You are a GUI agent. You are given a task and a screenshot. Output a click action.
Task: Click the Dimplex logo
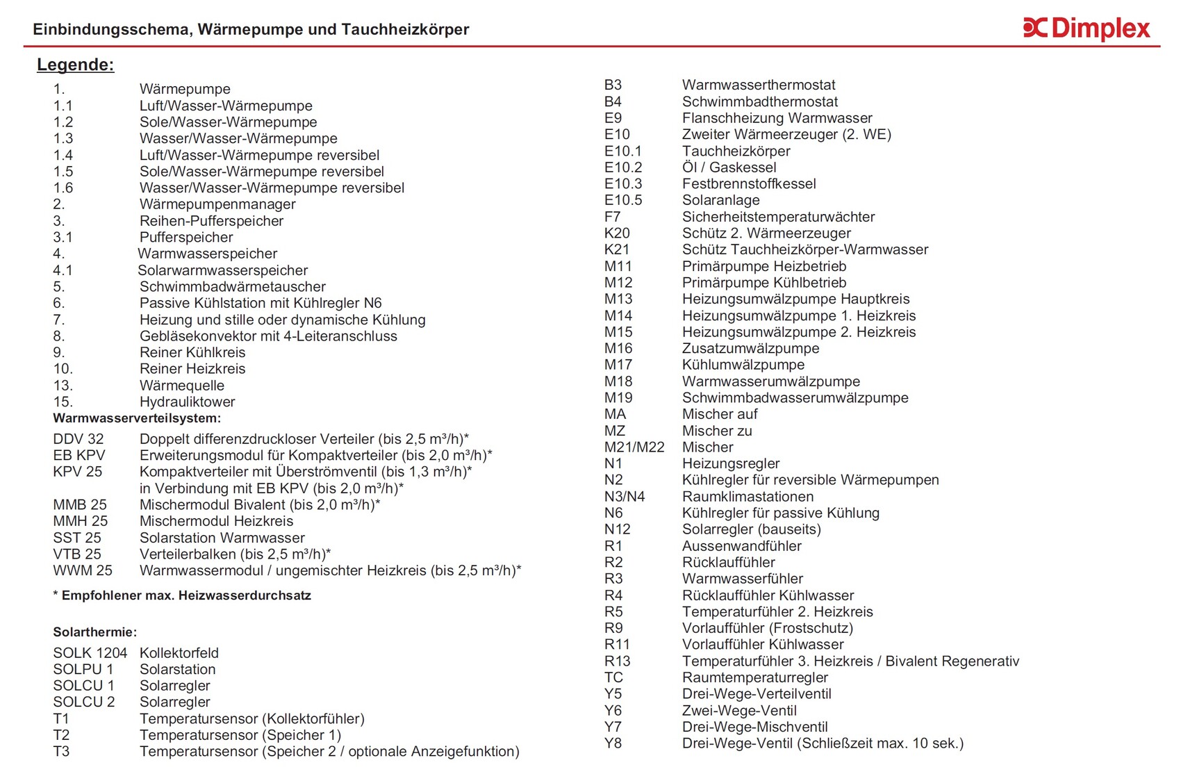tap(1087, 28)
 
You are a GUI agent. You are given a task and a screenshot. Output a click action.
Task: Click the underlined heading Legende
tap(75, 65)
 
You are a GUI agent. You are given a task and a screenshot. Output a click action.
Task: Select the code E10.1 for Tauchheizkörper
tap(623, 151)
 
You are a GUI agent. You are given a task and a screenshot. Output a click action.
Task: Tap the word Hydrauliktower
tap(187, 402)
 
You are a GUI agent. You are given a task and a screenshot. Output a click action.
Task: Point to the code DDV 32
tap(79, 439)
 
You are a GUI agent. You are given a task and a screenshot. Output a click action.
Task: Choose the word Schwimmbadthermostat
tap(759, 101)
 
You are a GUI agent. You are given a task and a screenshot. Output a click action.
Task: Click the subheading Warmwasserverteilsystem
tap(137, 418)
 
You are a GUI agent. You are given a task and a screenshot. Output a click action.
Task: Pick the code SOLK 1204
tap(90, 653)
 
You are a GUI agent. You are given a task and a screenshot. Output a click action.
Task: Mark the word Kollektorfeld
tap(179, 653)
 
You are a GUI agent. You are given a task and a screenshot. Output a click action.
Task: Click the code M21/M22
tap(634, 447)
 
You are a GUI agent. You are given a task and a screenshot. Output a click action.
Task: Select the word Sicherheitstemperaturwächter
tap(778, 217)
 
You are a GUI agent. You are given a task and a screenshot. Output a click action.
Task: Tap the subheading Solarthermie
tap(95, 632)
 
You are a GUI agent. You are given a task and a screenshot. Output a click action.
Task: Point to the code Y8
tap(613, 743)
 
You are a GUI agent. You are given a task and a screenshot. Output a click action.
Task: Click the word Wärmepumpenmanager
tap(217, 204)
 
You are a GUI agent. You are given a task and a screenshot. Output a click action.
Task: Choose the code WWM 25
tap(83, 570)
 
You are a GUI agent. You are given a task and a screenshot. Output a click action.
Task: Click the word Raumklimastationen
tap(748, 497)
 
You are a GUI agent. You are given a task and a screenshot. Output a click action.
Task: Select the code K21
tap(617, 249)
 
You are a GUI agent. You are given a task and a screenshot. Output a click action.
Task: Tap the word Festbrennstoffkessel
tap(749, 184)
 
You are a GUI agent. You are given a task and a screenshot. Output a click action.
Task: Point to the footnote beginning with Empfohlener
tap(182, 595)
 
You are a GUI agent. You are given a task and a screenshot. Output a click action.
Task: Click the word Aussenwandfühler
tap(741, 546)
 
